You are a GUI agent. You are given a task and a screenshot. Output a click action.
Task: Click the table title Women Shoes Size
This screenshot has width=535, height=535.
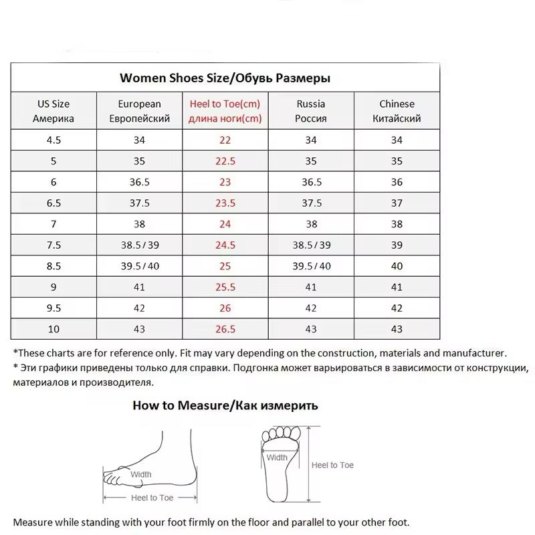click(225, 78)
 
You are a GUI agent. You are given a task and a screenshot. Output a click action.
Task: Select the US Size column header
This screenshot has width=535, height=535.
click(53, 111)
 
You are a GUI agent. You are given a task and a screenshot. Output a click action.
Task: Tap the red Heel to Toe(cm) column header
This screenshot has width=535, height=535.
click(225, 111)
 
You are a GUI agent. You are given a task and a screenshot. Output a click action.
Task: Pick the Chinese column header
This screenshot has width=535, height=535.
click(397, 111)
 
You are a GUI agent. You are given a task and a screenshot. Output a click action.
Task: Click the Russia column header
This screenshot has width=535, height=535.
click(311, 111)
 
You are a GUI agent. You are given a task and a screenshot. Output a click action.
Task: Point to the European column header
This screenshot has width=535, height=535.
click(139, 111)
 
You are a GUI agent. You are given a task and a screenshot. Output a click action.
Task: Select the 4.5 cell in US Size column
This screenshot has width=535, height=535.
click(53, 140)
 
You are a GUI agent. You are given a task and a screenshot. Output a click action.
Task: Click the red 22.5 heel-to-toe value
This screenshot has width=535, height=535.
click(225, 161)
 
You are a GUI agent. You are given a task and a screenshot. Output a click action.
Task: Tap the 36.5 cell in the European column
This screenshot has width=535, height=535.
click(139, 182)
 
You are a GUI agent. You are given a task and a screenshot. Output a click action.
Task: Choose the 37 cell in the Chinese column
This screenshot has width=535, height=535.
click(397, 203)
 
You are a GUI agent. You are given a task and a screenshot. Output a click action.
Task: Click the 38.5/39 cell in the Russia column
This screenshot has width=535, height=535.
click(311, 245)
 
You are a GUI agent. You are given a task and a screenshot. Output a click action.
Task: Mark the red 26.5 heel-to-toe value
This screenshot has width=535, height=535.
click(225, 329)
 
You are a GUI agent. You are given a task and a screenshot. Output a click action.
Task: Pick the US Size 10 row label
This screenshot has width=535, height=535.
click(53, 329)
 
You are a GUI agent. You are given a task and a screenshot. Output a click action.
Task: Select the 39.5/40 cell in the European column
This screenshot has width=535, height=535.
click(139, 266)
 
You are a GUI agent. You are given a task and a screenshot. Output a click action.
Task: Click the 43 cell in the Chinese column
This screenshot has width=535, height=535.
click(397, 329)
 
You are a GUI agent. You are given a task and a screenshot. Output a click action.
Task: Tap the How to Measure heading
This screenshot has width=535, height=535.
click(225, 405)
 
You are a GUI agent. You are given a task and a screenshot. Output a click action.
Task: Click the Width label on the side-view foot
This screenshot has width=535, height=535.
click(140, 474)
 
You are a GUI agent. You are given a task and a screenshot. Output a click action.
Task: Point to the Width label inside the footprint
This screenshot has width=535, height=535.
click(277, 458)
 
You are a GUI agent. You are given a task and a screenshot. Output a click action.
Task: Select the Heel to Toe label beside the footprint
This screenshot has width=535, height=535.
click(333, 465)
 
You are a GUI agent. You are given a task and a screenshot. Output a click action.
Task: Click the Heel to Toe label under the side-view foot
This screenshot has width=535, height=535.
click(152, 498)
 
